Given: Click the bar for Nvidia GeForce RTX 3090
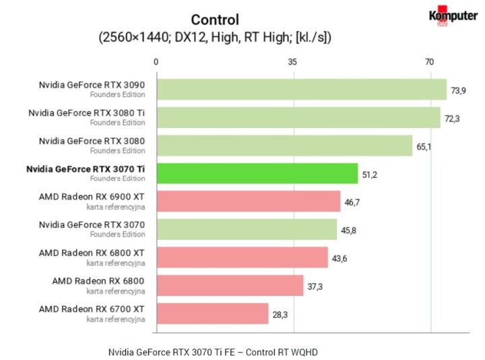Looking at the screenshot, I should [x=301, y=90].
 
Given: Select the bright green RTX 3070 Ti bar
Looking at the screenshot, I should [x=257, y=173].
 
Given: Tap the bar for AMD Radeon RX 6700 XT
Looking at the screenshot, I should [x=212, y=313].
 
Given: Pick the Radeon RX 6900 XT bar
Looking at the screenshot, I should [x=248, y=202].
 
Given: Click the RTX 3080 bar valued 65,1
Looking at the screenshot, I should [x=284, y=146].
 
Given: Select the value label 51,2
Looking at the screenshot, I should [x=370, y=174].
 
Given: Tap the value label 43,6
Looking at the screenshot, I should [x=341, y=258].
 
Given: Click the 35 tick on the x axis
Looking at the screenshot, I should [x=292, y=62].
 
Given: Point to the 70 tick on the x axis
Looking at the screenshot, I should [x=429, y=62].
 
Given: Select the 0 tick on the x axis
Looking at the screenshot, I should [x=156, y=62].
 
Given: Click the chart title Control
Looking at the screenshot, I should [x=215, y=20].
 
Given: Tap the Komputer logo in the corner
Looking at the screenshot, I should [x=453, y=18].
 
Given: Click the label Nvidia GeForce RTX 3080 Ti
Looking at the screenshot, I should [x=86, y=113].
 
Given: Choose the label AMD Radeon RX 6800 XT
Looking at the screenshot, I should [x=92, y=253].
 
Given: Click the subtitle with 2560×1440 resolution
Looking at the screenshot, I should [x=215, y=38].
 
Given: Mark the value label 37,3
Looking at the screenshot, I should [x=315, y=287].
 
